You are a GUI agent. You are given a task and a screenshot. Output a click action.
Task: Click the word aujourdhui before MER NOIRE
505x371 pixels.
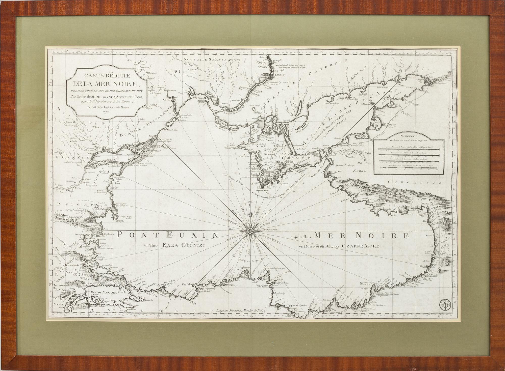pyautogui.click(x=301, y=237)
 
